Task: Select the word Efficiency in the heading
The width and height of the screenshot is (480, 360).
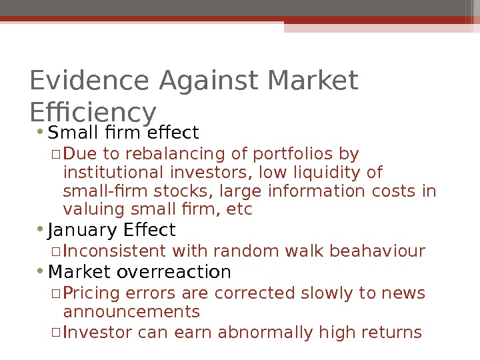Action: [93, 112]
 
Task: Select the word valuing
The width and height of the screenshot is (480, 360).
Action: [90, 210]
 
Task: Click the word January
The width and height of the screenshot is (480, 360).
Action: [83, 231]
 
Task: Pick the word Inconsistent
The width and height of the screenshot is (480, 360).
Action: [115, 251]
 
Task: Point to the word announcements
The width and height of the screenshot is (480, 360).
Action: [131, 312]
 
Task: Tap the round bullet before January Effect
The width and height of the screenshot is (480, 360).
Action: [41, 230]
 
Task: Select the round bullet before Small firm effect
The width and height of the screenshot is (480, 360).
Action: [41, 131]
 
